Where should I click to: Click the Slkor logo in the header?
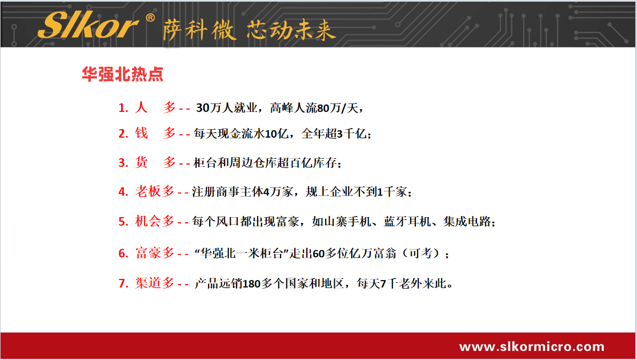(89, 25)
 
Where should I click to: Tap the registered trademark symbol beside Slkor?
(150, 18)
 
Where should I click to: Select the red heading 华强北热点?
(122, 74)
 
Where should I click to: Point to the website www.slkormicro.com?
(532, 347)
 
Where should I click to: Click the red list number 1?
(123, 108)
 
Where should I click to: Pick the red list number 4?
(123, 192)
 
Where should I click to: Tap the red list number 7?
(123, 283)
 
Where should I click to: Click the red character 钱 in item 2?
(141, 133)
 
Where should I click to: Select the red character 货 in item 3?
(141, 162)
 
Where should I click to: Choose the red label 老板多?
(155, 191)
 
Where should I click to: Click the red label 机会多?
(155, 221)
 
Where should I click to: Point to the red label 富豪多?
(155, 253)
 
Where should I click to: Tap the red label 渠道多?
(155, 283)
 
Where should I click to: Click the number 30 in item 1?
(203, 108)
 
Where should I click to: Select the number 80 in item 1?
(323, 108)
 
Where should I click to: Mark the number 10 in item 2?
(271, 134)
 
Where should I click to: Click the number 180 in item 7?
(251, 283)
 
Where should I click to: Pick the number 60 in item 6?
(319, 254)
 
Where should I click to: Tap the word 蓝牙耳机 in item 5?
(407, 222)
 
